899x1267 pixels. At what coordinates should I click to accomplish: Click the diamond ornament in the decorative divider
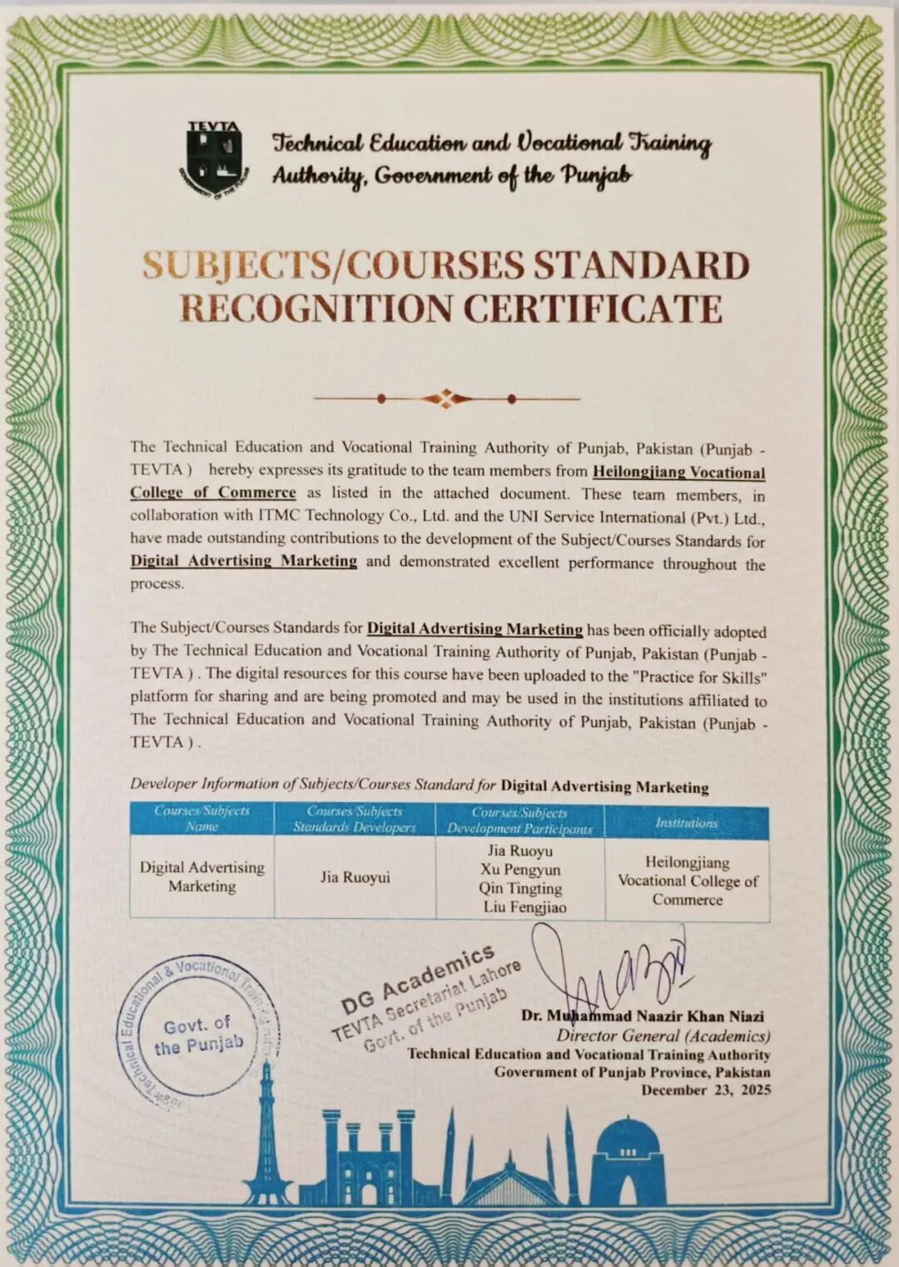[x=446, y=398]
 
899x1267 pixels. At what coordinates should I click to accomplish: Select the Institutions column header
[x=686, y=822]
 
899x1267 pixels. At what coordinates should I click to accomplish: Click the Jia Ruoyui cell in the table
[x=355, y=877]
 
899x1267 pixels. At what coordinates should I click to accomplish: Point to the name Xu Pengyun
[x=520, y=870]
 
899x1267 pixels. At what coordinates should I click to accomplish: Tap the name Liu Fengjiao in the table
[x=524, y=907]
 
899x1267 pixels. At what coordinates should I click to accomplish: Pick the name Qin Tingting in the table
[x=520, y=888]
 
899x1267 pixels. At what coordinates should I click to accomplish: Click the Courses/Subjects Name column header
[x=201, y=818]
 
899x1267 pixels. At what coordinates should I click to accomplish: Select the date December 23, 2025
[x=706, y=1090]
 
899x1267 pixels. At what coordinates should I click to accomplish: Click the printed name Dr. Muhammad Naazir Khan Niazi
[x=643, y=1015]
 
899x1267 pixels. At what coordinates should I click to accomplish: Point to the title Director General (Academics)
[x=663, y=1035]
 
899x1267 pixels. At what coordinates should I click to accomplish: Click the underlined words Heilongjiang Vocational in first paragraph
[x=678, y=472]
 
